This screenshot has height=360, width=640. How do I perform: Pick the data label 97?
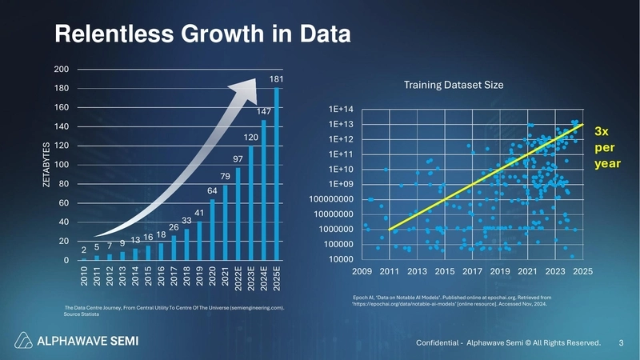(x=238, y=159)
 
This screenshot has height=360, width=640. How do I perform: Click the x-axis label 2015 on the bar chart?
(x=148, y=276)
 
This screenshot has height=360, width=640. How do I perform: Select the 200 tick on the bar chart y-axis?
(x=61, y=70)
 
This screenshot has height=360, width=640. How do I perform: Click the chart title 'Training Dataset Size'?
(x=453, y=85)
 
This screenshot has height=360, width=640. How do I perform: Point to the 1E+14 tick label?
(x=341, y=110)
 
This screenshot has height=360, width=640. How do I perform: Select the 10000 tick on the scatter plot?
(x=342, y=260)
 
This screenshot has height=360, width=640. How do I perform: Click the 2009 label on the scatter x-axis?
(x=363, y=272)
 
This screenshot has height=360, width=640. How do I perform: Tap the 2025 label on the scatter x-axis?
(x=582, y=272)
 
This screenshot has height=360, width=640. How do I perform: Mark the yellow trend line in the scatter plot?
(x=486, y=178)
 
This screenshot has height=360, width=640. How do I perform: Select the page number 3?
(x=622, y=343)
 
